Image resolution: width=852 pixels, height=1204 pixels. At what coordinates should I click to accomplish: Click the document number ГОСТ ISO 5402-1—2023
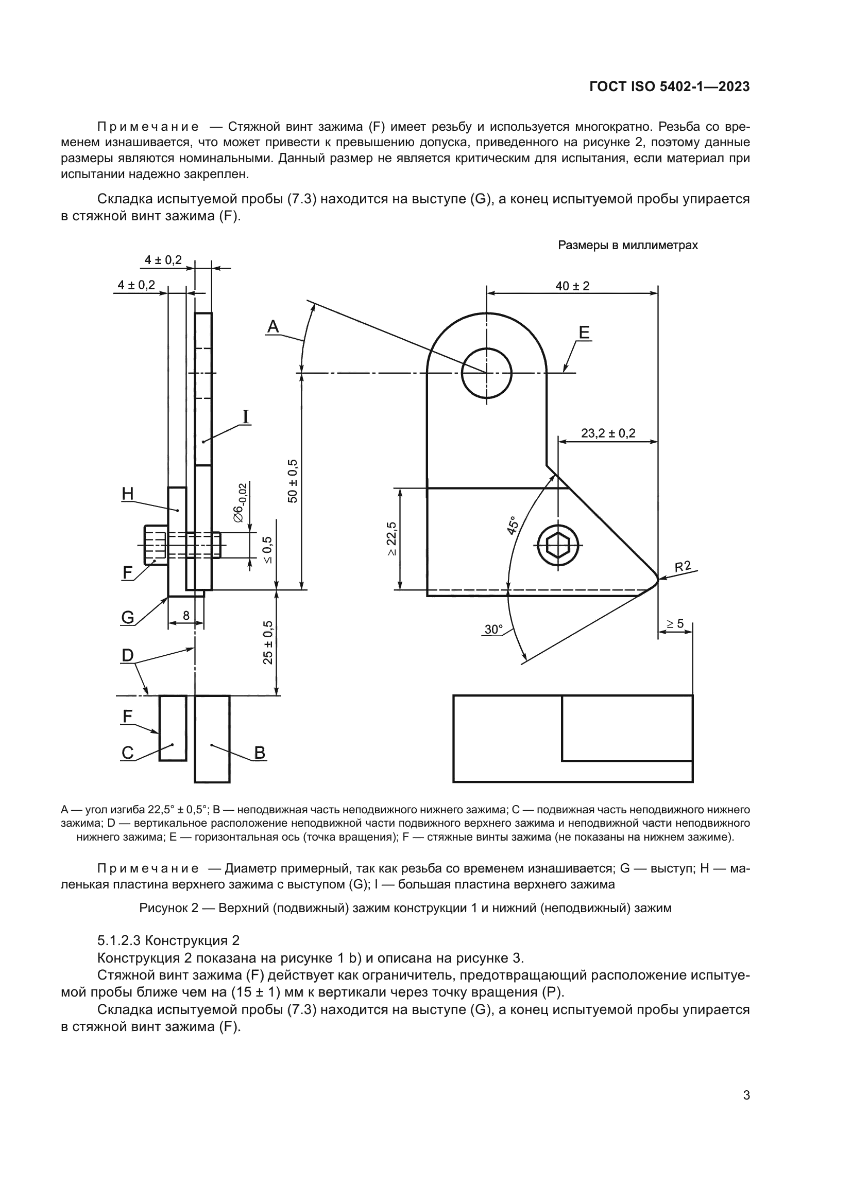[x=670, y=86]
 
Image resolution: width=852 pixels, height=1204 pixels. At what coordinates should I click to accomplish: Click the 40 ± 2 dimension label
[x=572, y=286]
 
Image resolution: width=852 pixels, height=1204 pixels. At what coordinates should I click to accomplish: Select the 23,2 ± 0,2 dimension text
[x=608, y=433]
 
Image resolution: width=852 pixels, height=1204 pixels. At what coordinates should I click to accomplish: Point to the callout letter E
[x=584, y=333]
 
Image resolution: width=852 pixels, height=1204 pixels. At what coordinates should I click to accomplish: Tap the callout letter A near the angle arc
[x=273, y=327]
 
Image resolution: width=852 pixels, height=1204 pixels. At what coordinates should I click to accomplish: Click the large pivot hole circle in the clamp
[x=486, y=373]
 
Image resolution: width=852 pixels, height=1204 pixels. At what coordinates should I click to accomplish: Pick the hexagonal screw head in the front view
[x=558, y=546]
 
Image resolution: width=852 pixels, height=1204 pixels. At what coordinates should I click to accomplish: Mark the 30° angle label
[x=493, y=629]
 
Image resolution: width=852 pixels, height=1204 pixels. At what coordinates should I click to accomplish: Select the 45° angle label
[x=513, y=526]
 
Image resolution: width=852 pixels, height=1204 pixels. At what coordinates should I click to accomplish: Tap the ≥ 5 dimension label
[x=675, y=623]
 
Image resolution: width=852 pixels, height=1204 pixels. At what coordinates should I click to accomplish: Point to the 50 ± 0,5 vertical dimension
[x=293, y=481]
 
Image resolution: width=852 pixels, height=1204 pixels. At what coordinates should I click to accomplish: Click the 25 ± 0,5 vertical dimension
[x=268, y=642]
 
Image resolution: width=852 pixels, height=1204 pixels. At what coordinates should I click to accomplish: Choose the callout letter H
[x=127, y=494]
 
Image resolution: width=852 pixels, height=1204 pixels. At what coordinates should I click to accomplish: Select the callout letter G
[x=127, y=618]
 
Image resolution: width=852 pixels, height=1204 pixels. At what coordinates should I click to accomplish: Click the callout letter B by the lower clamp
[x=259, y=753]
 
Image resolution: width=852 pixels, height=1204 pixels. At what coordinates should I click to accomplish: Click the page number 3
[x=746, y=1095]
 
